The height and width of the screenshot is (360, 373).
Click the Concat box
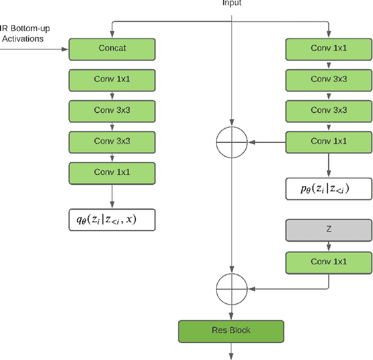click(x=112, y=48)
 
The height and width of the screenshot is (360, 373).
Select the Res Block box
click(x=231, y=331)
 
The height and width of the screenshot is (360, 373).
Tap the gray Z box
click(x=329, y=230)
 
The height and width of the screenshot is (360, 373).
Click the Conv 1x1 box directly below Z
click(x=329, y=262)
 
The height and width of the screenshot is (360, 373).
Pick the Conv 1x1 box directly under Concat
click(x=112, y=79)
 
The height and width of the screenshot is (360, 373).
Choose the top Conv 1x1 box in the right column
click(x=329, y=48)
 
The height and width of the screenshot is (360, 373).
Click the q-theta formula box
click(x=112, y=219)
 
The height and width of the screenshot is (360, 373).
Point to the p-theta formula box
click(x=329, y=188)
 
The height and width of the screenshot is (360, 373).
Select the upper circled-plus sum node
click(x=231, y=141)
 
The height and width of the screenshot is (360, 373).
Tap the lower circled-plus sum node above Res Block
click(x=231, y=288)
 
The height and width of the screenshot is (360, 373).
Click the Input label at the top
click(x=231, y=3)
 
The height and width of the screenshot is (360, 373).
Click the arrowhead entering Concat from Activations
click(x=65, y=49)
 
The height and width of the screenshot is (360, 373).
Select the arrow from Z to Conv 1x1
click(x=329, y=246)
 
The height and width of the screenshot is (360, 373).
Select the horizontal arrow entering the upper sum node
click(x=265, y=141)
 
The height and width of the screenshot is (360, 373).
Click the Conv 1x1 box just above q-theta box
click(x=112, y=173)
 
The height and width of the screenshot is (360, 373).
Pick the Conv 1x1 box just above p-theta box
click(x=329, y=141)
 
